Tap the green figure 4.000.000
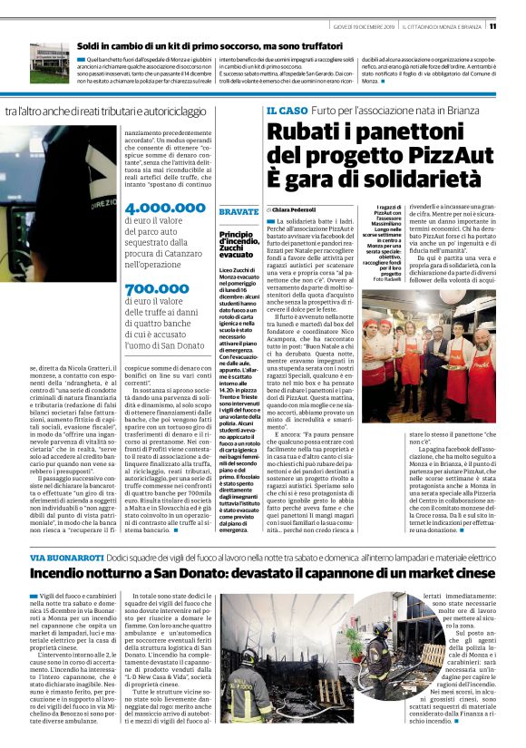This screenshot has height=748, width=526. pos(164,207)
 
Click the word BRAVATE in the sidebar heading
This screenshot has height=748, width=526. pos(239,211)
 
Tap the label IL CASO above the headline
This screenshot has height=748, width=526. pos(287,111)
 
